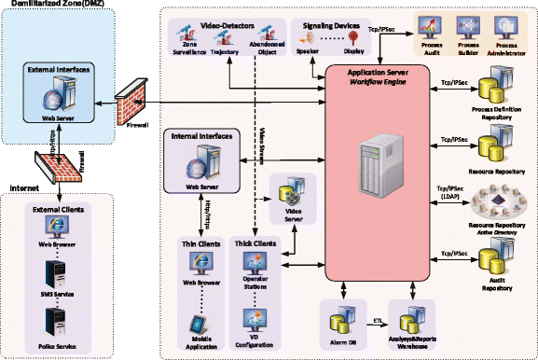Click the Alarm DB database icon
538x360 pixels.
tap(337, 313)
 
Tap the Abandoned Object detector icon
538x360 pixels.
tap(268, 37)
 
